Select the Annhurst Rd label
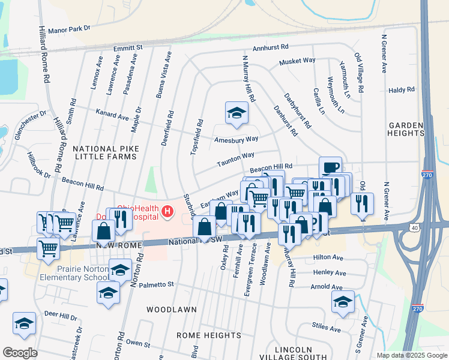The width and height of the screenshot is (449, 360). pyautogui.click(x=271, y=46)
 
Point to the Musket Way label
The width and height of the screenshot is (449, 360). pyautogui.click(x=297, y=61)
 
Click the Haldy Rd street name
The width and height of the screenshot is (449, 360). pyautogui.click(x=402, y=89)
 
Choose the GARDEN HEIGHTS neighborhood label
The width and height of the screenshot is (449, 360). pyautogui.click(x=406, y=129)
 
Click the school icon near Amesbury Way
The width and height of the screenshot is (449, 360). pyautogui.click(x=237, y=113)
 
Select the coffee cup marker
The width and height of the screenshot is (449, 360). pyautogui.click(x=330, y=167)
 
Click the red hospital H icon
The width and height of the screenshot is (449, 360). pyautogui.click(x=167, y=211)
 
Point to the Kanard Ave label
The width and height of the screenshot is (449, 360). pyautogui.click(x=112, y=115)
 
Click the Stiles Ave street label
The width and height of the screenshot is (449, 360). pyautogui.click(x=327, y=328)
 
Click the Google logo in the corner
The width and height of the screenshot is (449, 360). pyautogui.click(x=20, y=353)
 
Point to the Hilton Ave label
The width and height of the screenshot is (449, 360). pyautogui.click(x=328, y=257)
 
